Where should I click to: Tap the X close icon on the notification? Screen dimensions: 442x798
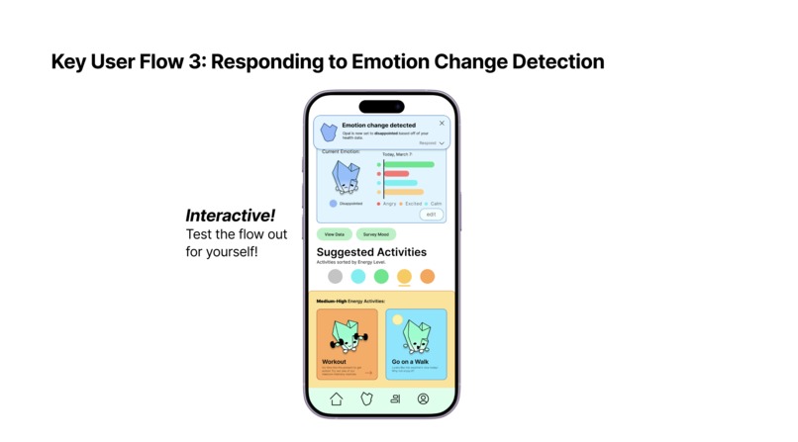click(442, 124)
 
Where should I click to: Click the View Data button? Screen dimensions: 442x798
click(335, 234)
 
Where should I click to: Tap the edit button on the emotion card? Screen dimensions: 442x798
click(431, 214)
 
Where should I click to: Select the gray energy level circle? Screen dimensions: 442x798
click(336, 276)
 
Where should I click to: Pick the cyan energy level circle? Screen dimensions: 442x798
click(358, 276)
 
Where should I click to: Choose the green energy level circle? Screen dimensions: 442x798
click(381, 276)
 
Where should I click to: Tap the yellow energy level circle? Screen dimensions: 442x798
click(404, 276)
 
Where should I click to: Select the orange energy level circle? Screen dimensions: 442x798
click(427, 276)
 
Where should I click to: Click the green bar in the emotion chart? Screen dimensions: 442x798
click(410, 164)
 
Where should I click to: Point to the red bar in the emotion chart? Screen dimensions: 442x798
click(397, 174)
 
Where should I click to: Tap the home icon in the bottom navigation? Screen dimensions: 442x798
click(336, 398)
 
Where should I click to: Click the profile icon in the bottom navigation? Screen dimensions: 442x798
click(423, 398)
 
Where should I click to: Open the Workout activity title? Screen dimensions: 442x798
click(335, 362)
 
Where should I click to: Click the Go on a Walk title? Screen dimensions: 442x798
click(409, 362)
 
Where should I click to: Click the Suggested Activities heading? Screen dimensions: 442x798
click(371, 252)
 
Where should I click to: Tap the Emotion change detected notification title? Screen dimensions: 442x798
click(379, 126)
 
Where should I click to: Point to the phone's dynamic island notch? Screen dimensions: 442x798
click(381, 107)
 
